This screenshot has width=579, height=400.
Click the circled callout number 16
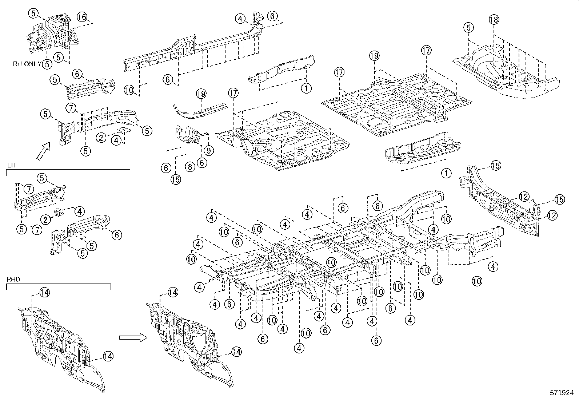[82, 17]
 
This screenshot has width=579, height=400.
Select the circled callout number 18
[494, 20]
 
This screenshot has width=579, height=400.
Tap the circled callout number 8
[189, 167]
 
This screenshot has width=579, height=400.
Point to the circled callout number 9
[209, 150]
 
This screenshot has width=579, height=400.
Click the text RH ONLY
[27, 64]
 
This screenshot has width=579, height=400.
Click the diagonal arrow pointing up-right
[43, 150]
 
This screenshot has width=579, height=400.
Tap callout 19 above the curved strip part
[201, 94]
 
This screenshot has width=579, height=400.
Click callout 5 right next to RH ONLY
[47, 64]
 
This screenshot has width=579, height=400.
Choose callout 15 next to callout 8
[176, 180]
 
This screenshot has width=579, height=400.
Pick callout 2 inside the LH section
[45, 219]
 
